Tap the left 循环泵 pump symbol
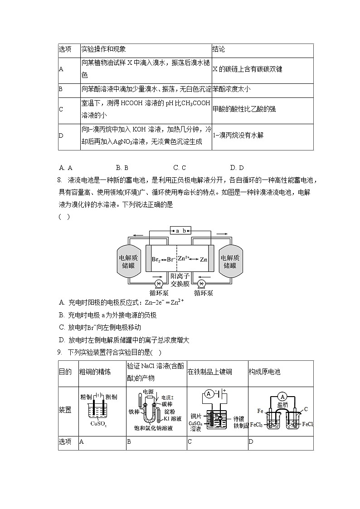pyautogui.click(x=159, y=284)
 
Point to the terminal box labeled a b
pyautogui.click(x=180, y=230)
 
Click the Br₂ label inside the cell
pyautogui.click(x=156, y=260)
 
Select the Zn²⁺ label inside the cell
pyautogui.click(x=183, y=258)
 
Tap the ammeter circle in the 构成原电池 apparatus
pyautogui.click(x=282, y=394)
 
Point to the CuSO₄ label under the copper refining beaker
pyautogui.click(x=98, y=424)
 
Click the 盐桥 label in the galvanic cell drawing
pyautogui.click(x=282, y=405)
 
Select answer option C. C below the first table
pyautogui.click(x=180, y=167)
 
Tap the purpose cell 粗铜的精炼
pyautogui.click(x=95, y=372)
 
